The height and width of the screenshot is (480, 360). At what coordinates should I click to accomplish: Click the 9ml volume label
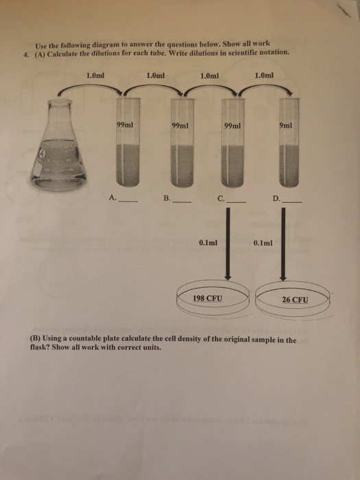click(x=287, y=125)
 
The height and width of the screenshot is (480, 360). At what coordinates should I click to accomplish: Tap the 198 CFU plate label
click(x=208, y=298)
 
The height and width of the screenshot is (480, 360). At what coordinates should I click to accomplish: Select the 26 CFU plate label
click(x=295, y=300)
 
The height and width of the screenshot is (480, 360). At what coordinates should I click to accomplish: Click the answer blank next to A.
click(x=128, y=201)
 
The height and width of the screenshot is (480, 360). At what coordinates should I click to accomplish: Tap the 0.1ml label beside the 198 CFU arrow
click(x=208, y=242)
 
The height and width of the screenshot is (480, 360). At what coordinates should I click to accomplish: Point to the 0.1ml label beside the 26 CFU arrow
click(x=263, y=242)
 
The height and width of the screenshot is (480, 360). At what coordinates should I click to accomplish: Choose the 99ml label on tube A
click(x=125, y=125)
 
